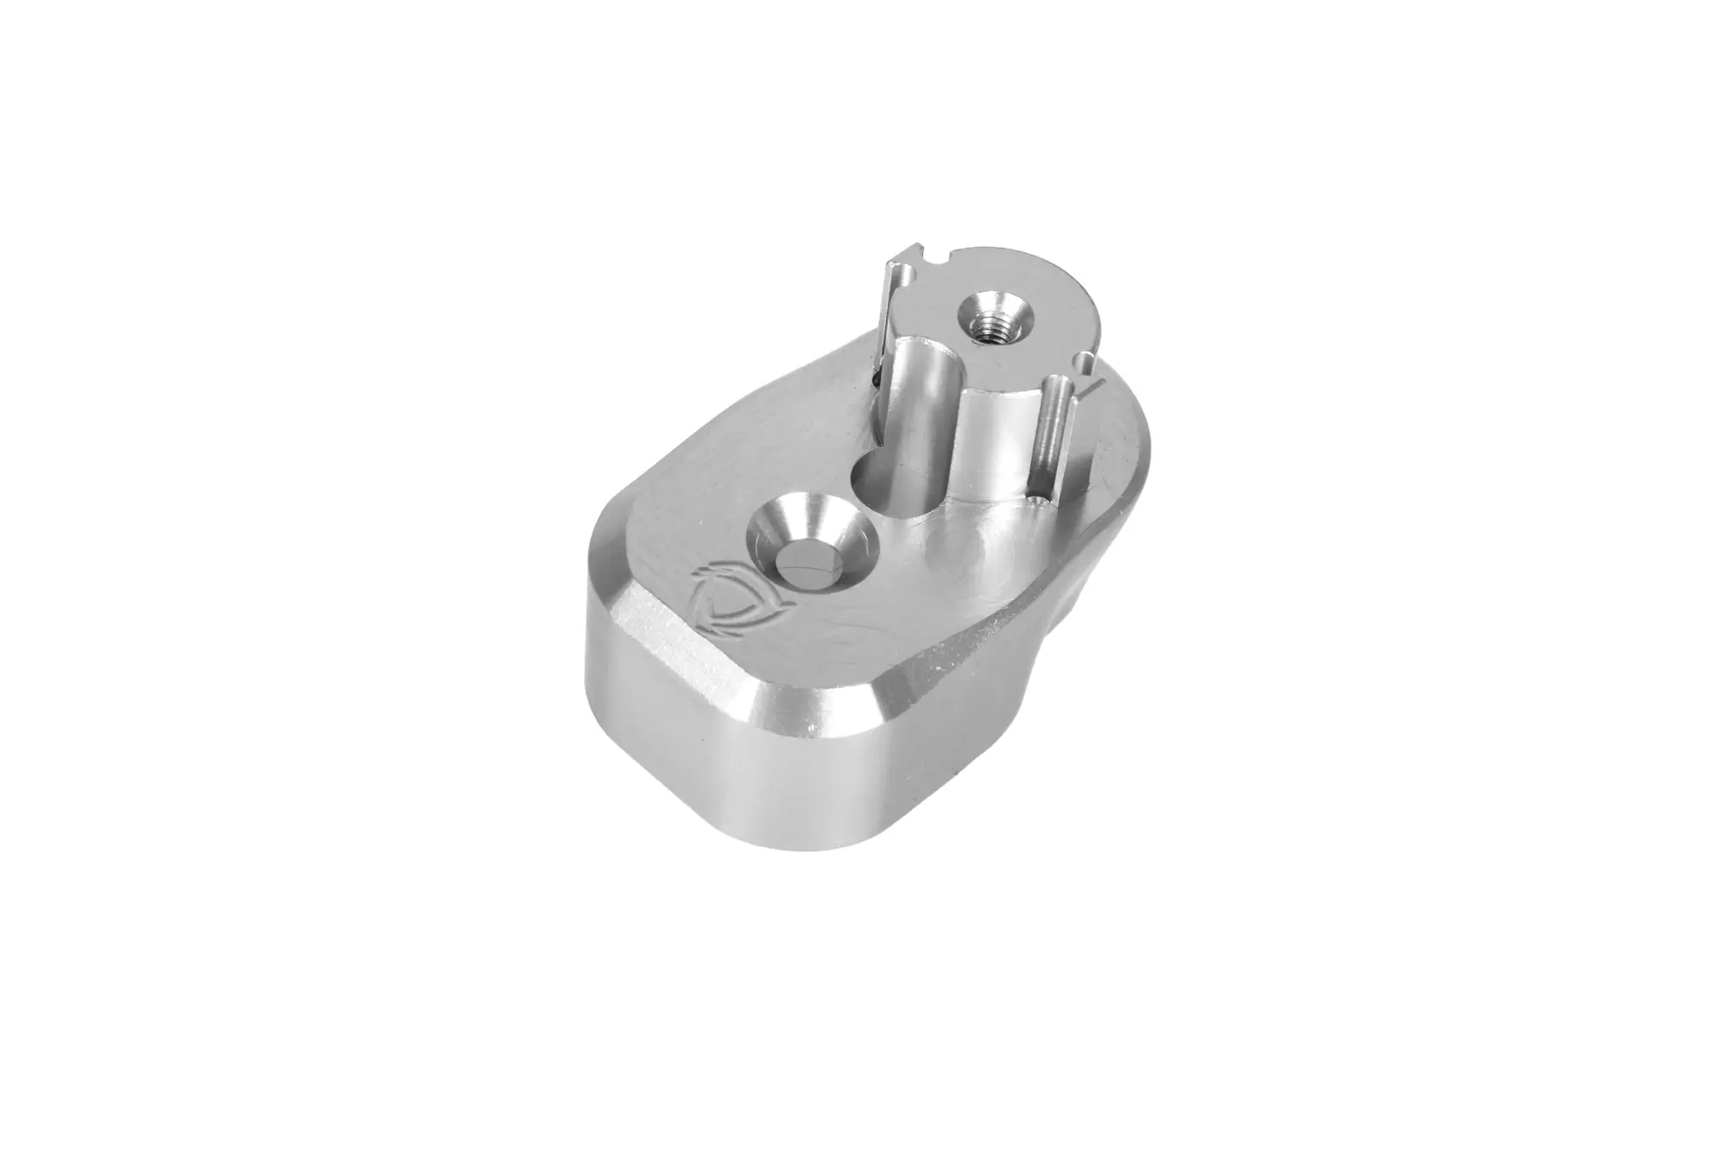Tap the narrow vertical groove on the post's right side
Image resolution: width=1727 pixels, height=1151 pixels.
tap(1050, 432)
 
